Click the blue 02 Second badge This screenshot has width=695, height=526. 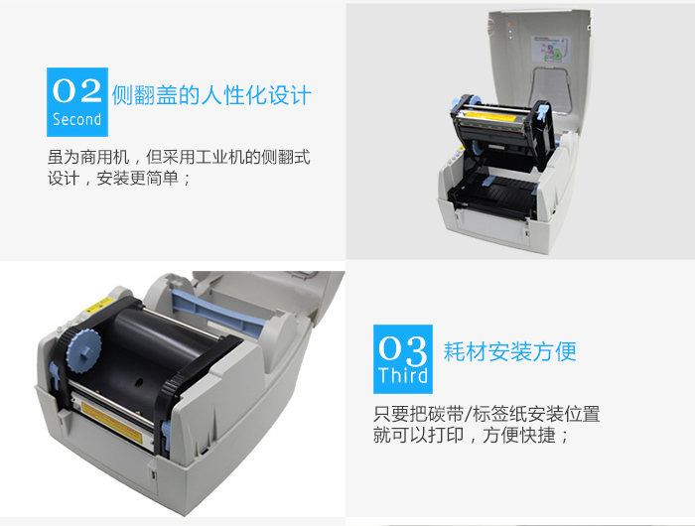point(77,102)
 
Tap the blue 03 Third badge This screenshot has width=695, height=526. point(403,359)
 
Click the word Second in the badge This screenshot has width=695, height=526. point(77,119)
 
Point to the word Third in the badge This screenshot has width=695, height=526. point(403,375)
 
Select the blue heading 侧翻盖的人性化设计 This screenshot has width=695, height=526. point(211,95)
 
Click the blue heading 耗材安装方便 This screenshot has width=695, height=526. point(509,352)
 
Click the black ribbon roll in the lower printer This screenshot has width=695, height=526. point(146,350)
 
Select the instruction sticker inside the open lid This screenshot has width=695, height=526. point(551,49)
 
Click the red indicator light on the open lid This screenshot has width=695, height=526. point(509,25)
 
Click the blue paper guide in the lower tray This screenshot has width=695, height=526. point(488,181)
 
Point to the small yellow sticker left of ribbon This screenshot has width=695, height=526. point(98,305)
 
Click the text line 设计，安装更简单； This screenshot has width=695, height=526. point(120,178)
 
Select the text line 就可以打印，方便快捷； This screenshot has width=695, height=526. point(471,435)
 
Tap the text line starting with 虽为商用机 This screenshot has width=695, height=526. point(179,157)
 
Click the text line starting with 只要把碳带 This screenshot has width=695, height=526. point(486,414)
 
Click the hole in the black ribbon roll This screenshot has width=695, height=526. point(139,381)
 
